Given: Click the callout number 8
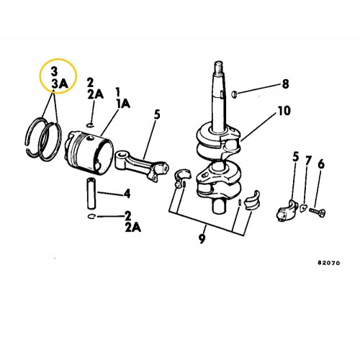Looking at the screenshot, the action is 285,84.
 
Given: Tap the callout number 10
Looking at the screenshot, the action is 284,111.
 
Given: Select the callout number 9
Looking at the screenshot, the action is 202,239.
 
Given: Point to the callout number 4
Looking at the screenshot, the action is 127,194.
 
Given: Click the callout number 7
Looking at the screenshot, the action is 308,161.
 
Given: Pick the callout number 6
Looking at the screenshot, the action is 321,164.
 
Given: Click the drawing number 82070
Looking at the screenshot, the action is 329,263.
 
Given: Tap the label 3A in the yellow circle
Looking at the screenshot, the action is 60,84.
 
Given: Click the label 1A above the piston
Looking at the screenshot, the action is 123,104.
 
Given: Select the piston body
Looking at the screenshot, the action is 89,153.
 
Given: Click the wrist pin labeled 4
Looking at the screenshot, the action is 91,194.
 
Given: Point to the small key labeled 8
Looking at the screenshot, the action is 234,94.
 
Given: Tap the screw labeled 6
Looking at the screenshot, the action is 317,212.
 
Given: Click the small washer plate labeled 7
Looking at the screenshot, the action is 303,207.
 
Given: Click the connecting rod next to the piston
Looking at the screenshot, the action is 142,164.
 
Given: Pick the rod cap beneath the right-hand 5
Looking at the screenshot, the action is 287,211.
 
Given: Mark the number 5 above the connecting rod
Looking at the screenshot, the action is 157,114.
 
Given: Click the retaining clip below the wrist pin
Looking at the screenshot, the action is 91,217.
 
